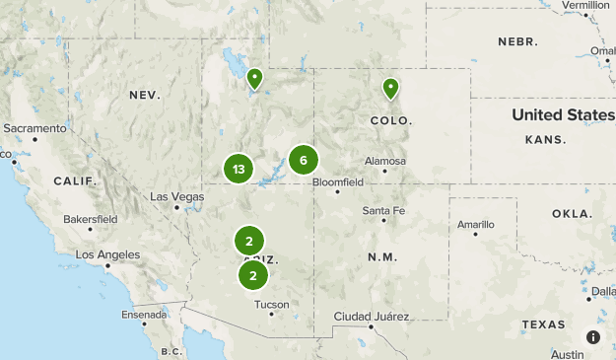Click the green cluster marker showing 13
239,169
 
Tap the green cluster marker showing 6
304,160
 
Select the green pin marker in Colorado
391,89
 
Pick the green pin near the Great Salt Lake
255,78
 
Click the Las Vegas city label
176,196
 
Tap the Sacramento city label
34,128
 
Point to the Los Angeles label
107,254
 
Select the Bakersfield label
90,218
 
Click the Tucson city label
272,305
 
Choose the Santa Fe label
382,210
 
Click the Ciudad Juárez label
369,316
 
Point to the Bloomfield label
338,182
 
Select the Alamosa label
384,161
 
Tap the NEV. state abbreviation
144,95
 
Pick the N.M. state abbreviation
381,256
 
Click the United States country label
562,115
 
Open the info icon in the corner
593,337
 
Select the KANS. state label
545,140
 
